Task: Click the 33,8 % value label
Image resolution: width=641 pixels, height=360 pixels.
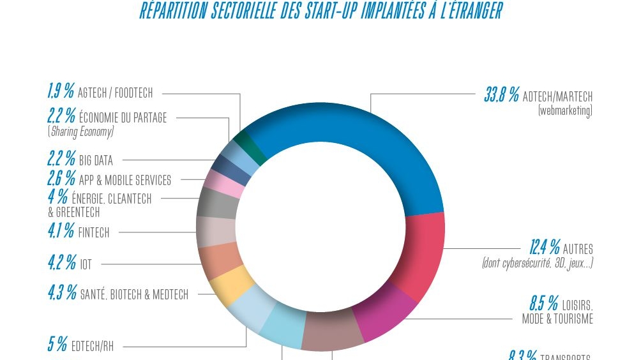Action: click(501, 96)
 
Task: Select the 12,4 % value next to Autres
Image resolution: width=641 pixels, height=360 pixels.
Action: click(545, 248)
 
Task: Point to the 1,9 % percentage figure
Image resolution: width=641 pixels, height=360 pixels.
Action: click(61, 93)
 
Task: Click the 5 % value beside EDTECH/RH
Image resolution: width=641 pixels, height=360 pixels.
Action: click(57, 345)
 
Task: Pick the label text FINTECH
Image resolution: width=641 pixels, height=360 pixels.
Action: click(94, 233)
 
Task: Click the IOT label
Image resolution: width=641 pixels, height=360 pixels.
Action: click(86, 264)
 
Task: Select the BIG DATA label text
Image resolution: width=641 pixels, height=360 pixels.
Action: click(96, 160)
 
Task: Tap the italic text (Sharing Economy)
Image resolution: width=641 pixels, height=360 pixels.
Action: click(80, 131)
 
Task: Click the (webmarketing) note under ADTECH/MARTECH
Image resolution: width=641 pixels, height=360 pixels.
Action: click(565, 110)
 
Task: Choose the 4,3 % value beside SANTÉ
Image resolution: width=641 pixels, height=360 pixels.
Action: click(62, 294)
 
